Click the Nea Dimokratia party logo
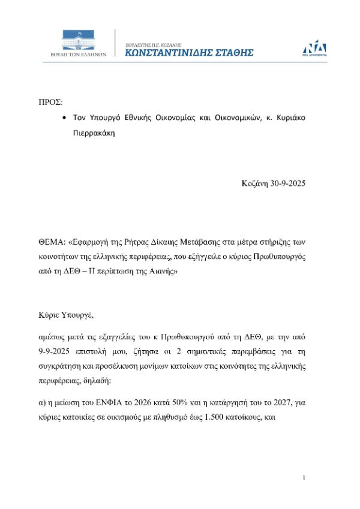(x=314, y=46)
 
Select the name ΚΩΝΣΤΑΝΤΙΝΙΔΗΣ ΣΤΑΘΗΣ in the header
(x=188, y=53)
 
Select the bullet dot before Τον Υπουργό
(x=64, y=118)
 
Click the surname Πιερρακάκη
(x=94, y=135)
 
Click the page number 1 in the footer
(x=305, y=477)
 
